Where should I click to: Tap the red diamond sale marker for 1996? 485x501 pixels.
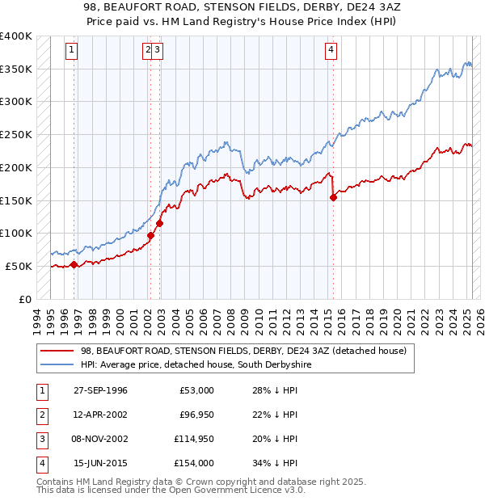click(x=74, y=263)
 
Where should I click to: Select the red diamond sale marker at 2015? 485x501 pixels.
click(x=333, y=196)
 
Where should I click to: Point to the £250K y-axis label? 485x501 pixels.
click(x=15, y=134)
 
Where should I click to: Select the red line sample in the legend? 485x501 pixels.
click(x=57, y=351)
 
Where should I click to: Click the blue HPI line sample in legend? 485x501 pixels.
click(x=57, y=364)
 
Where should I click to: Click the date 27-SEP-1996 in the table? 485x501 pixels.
click(x=100, y=390)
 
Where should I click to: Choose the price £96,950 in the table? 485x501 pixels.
click(x=196, y=415)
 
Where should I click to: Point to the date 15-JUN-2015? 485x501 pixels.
click(x=100, y=463)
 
